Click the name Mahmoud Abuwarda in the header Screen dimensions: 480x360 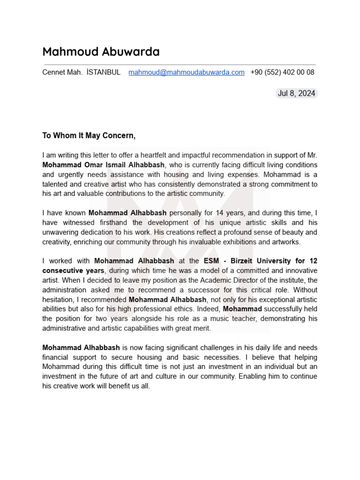pos(101,52)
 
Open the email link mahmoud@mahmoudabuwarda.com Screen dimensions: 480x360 pos(187,72)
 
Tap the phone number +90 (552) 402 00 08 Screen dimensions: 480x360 pos(282,72)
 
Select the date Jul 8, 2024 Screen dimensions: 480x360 pos(296,93)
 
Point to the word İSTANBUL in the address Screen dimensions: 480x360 pos(104,72)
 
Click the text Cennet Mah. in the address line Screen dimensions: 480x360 pos(62,72)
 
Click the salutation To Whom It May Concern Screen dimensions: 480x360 pos(89,135)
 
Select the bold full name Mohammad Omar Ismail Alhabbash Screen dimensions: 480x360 pos(103,165)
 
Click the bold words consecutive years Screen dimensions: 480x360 pos(73,270)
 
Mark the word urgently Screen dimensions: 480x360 pos(71,174)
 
